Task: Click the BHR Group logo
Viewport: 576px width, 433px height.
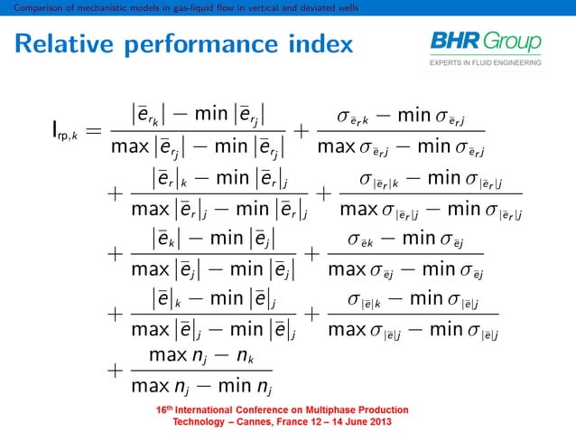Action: [x=486, y=42]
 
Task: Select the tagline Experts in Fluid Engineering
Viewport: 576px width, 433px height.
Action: [x=486, y=63]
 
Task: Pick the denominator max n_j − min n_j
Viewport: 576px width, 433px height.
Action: [x=200, y=390]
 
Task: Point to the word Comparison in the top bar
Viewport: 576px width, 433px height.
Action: [x=25, y=7]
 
